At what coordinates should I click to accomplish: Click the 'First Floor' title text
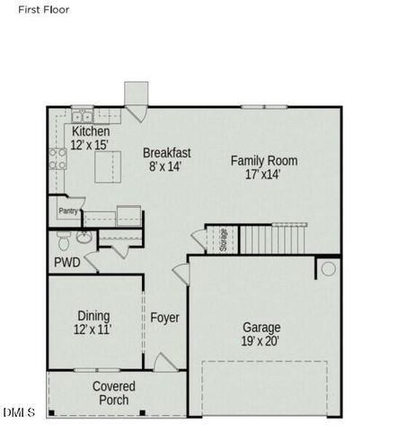coord(42,9)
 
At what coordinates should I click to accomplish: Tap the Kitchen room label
coord(91,131)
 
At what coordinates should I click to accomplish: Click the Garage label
coord(261,328)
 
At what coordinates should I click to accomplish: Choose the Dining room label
coord(93,316)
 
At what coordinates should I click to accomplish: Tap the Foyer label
coord(164,318)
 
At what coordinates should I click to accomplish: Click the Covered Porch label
coord(113,393)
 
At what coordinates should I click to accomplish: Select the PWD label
coord(66,263)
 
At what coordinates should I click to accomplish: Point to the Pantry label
coord(68,211)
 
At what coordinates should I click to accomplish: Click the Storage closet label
coord(223,241)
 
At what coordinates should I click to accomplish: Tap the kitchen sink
coord(83,115)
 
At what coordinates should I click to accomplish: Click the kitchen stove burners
coord(58,159)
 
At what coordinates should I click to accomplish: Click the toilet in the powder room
coord(63,240)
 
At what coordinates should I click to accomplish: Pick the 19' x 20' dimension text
coord(261,343)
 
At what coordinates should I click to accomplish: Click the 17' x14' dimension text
coord(263,175)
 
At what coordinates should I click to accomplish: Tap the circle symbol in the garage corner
coord(328,268)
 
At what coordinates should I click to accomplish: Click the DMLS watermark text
coord(18,412)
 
